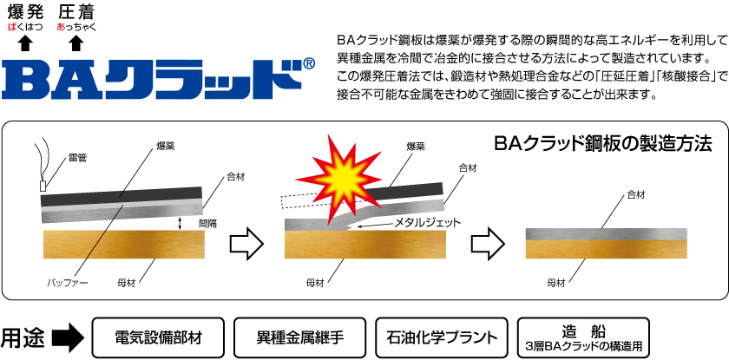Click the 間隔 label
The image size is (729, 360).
coord(208,223)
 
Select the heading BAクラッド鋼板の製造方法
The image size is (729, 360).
coord(602,142)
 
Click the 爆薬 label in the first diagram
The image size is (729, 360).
coord(165,147)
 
